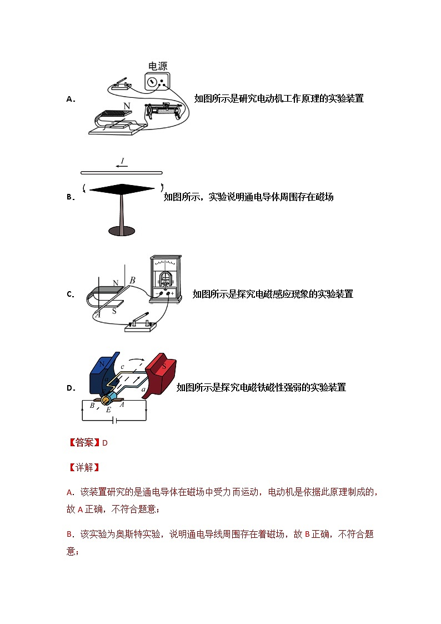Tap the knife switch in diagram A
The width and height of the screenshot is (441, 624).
[121, 84]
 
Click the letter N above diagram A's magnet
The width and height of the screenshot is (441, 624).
[127, 106]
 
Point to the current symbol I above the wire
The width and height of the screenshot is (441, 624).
[123, 161]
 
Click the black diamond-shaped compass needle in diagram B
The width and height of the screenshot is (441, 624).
[122, 189]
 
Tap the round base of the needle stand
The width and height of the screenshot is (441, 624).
[121, 230]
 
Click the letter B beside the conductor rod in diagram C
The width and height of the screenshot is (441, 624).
[132, 281]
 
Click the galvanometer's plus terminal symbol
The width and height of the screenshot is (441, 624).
[172, 293]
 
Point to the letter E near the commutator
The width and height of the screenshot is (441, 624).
[108, 410]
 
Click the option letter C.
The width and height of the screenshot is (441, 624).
[69, 294]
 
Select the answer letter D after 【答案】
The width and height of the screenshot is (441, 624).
[104, 443]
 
